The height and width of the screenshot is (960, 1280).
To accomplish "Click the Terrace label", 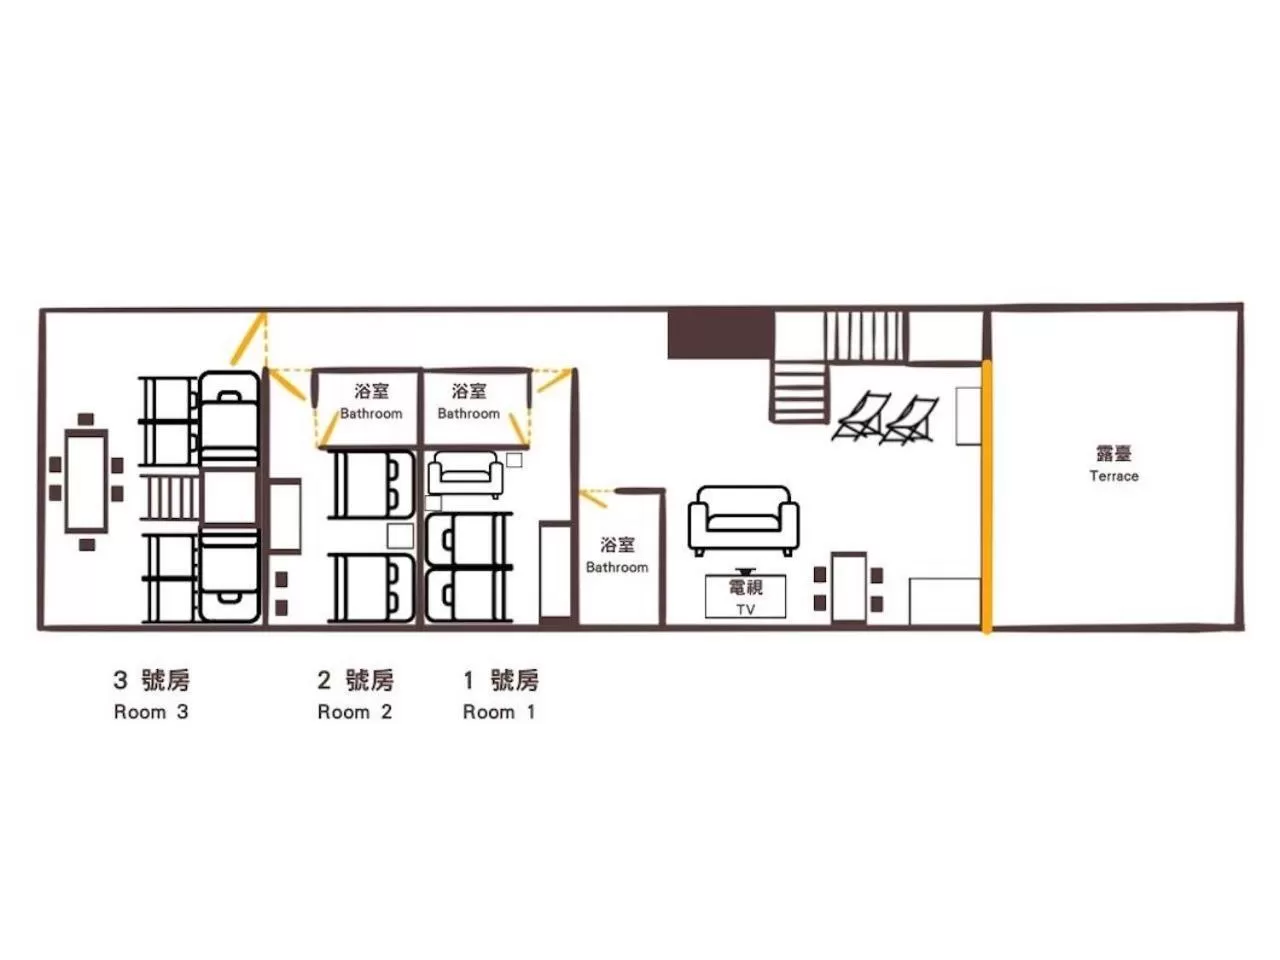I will (x=1113, y=464).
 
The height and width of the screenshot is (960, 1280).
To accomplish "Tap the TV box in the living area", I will (x=745, y=597).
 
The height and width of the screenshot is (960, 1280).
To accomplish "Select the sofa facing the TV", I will (x=743, y=521).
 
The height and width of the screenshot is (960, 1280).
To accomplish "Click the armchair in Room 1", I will (x=465, y=473).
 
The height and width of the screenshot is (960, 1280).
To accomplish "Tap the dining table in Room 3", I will (x=86, y=481).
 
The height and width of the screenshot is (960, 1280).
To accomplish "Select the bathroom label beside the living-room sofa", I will (x=617, y=555).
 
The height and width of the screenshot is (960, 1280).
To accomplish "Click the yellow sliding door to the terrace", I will (x=986, y=497).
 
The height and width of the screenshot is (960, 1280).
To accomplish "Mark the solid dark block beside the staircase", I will (x=720, y=334).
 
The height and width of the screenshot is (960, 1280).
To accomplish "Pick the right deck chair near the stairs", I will (x=912, y=420).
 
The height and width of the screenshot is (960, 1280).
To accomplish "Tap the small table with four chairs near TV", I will (x=848, y=588).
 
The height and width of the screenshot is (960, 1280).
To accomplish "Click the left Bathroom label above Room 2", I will (x=371, y=401).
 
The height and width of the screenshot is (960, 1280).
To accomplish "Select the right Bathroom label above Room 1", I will (x=468, y=401).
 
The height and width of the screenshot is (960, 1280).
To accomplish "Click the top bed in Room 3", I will (x=229, y=418).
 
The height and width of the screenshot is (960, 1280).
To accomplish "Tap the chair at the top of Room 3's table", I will (x=86, y=419).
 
